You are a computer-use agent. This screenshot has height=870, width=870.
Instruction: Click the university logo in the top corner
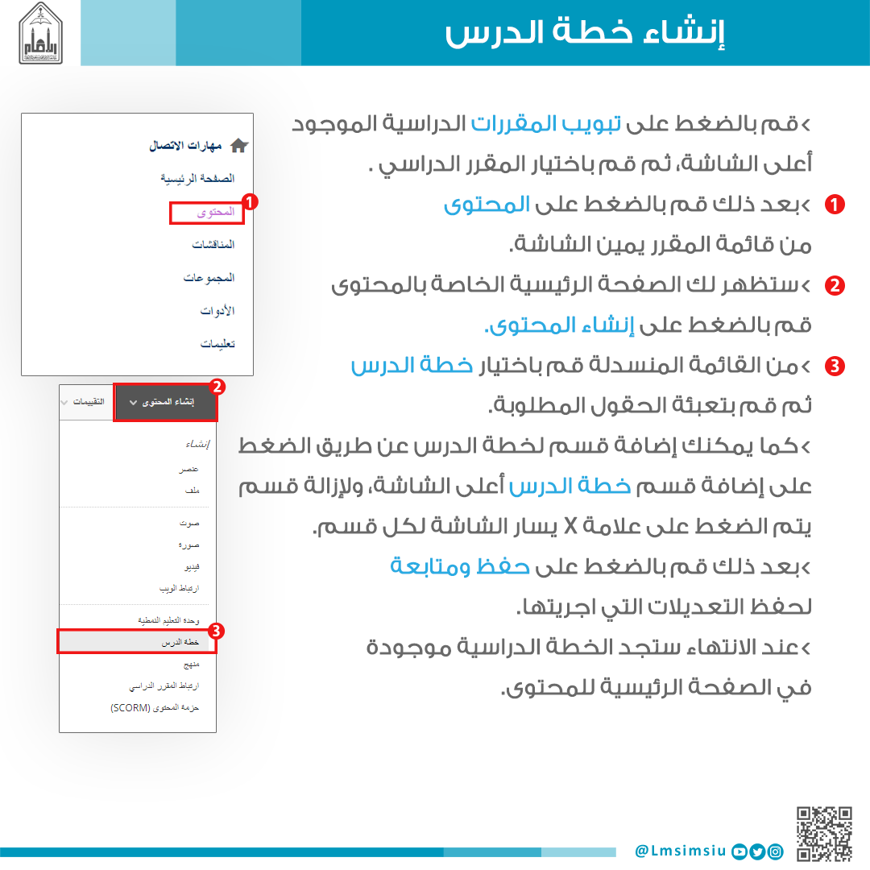[x=40, y=33]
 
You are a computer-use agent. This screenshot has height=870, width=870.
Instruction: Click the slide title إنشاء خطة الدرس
[x=585, y=34]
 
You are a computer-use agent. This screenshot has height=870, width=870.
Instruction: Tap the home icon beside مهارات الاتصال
[x=239, y=146]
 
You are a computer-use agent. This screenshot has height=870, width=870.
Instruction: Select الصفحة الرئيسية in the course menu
[x=197, y=178]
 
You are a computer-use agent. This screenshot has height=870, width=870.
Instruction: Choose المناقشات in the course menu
[x=213, y=244]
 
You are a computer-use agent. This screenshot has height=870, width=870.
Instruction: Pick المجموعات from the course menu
[x=209, y=278]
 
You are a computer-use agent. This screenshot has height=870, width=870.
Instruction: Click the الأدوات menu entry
[x=217, y=311]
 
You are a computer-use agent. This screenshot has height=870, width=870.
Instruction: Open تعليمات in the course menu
[x=217, y=344]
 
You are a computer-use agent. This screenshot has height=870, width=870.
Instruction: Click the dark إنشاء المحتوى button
[x=167, y=402]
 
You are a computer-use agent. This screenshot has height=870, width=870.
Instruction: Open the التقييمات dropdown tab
[x=87, y=402]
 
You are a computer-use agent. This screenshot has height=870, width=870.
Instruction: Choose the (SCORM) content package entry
[x=155, y=708]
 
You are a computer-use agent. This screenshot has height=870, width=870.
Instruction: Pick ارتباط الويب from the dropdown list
[x=179, y=589]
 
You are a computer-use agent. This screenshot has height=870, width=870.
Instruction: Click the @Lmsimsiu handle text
[x=681, y=851]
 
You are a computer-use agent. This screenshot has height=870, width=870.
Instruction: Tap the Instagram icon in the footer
[x=775, y=851]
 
